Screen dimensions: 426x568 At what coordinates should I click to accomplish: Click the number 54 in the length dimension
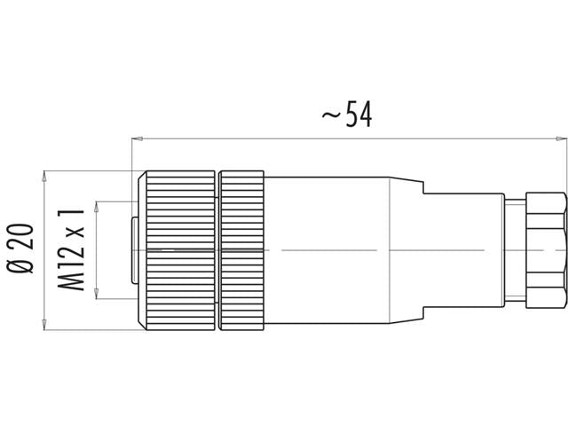coord(359,114)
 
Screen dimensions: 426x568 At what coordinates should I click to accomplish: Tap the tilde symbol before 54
coord(331,116)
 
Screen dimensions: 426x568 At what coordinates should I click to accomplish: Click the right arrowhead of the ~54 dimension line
coord(561,138)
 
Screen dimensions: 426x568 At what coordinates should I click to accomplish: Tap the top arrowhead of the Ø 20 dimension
coord(44,176)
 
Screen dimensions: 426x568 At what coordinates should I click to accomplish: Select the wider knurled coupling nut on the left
coord(180,250)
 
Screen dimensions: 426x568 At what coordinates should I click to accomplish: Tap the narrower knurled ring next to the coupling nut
coord(241,250)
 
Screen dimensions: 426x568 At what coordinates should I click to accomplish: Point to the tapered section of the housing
coord(406,250)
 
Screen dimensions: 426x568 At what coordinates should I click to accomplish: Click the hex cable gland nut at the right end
coord(545,250)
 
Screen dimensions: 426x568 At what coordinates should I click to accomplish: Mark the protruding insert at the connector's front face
coord(134,250)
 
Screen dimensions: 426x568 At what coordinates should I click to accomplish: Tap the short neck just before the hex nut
coord(515,250)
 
